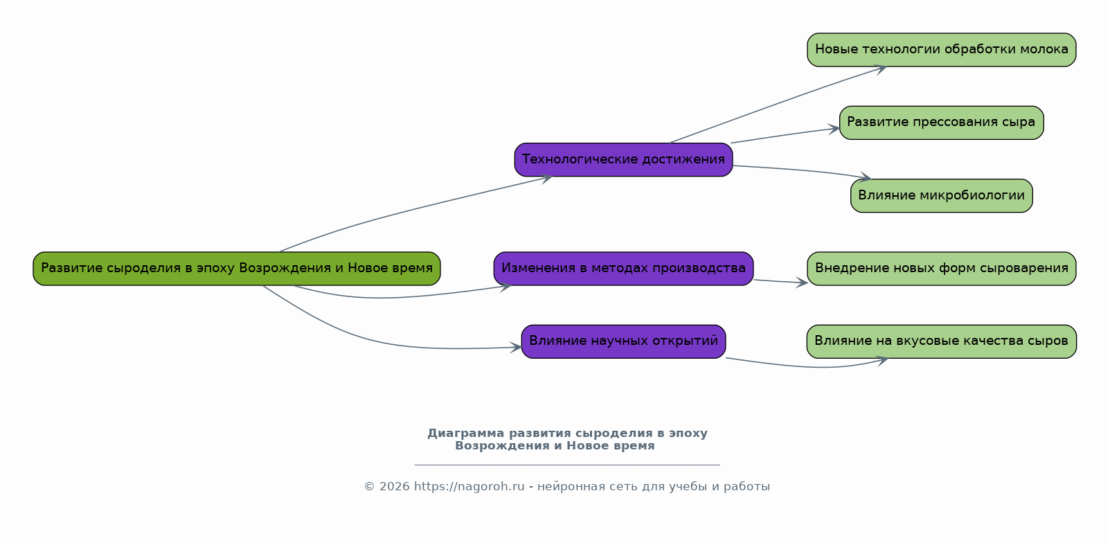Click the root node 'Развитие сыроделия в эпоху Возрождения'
tap(236, 269)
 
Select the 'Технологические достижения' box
tap(623, 160)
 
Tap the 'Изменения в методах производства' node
tap(623, 269)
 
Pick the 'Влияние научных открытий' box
tap(623, 341)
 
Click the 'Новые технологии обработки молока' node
tap(941, 50)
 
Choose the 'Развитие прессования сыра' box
tap(941, 123)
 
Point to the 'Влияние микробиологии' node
tap(941, 196)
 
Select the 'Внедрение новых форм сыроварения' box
tap(941, 269)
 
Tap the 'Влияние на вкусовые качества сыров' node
tap(941, 341)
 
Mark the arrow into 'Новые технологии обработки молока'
tap(776, 105)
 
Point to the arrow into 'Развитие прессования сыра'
tap(782, 136)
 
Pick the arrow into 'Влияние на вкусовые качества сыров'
tap(810, 366)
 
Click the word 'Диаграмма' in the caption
tap(465, 434)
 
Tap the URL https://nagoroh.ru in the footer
tap(469, 487)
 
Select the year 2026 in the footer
tap(394, 487)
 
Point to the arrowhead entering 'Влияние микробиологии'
tap(866, 178)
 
